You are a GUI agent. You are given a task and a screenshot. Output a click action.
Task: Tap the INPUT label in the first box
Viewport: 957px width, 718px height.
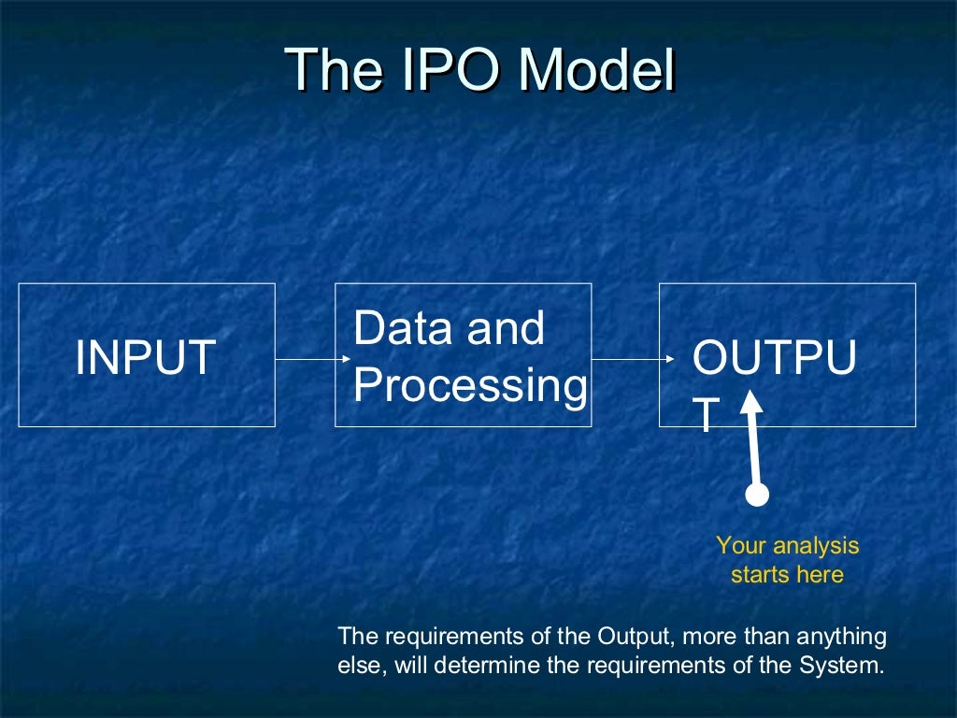coord(146,357)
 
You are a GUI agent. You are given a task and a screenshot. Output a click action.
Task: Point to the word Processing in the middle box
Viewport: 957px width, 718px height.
coord(471,385)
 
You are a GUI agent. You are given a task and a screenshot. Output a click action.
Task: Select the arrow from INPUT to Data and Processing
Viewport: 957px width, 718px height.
coord(312,357)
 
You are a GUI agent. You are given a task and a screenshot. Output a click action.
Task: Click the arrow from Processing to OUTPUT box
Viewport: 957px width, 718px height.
coord(633,357)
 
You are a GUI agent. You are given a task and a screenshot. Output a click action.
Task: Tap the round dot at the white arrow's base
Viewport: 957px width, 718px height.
coord(758,495)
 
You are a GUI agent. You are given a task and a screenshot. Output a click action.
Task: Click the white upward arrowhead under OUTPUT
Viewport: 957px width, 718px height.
coord(751,403)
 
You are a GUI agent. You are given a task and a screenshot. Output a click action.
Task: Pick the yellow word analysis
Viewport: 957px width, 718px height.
coord(810,545)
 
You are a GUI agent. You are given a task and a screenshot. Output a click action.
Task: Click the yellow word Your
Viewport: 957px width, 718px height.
coord(738,545)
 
